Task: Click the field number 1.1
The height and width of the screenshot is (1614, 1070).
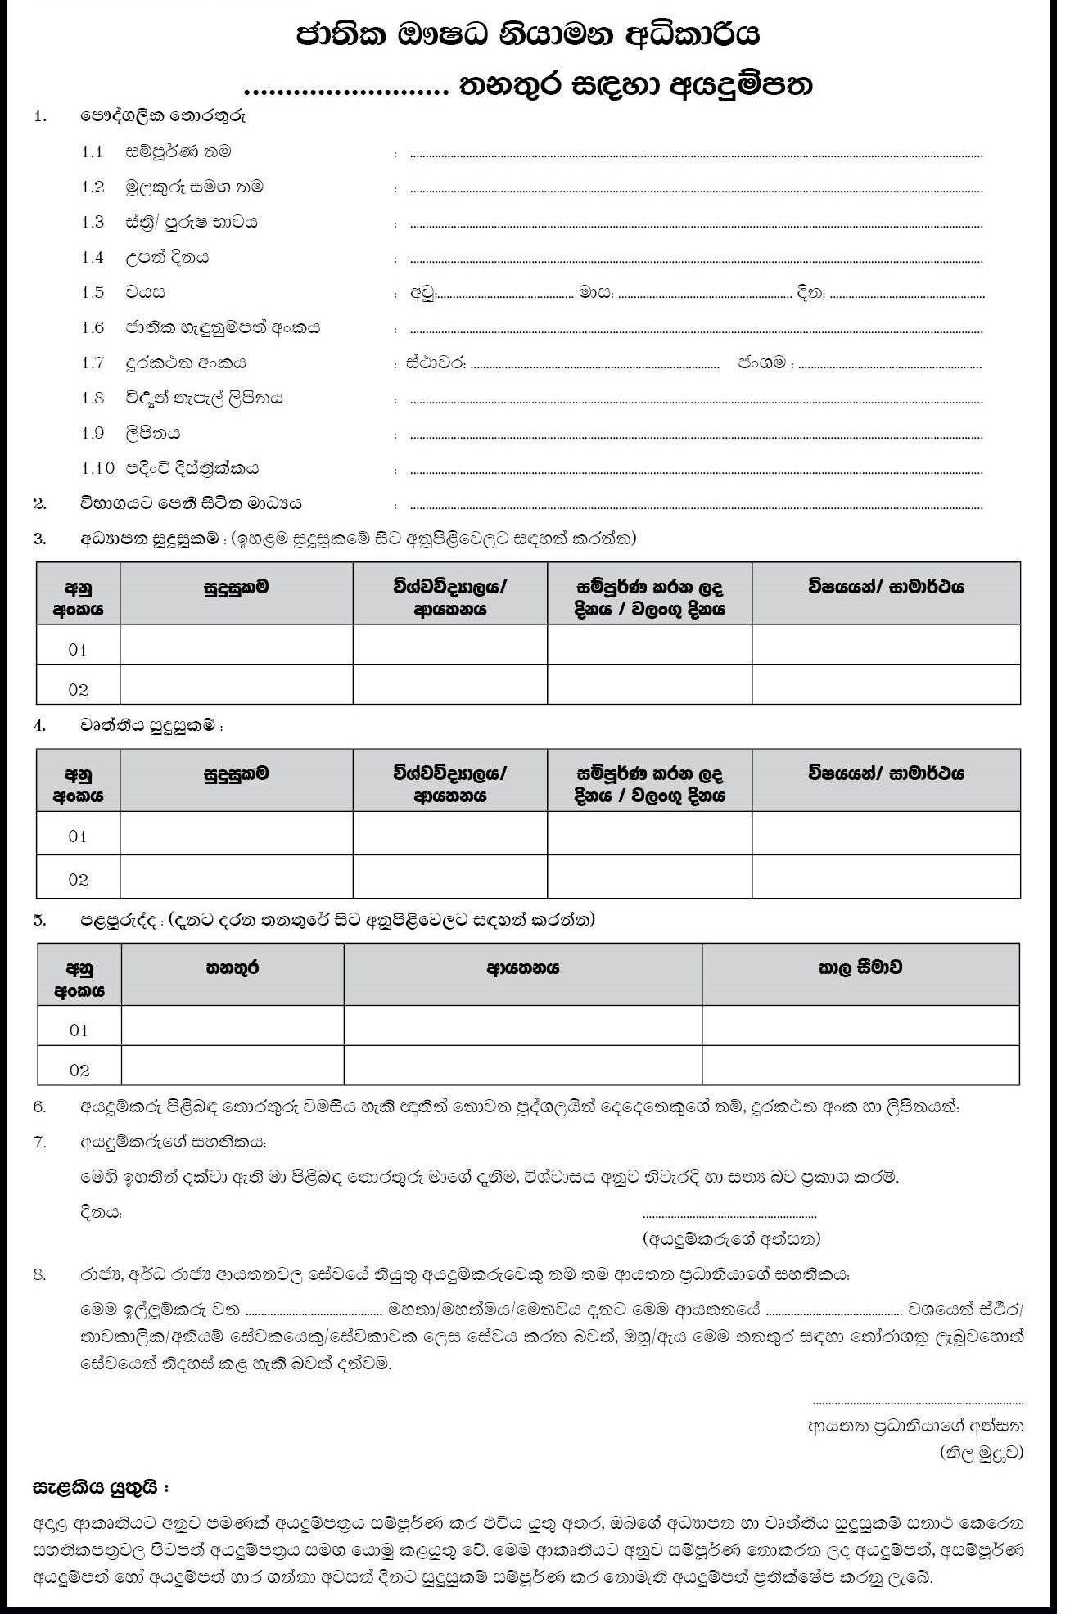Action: pos(93,152)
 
